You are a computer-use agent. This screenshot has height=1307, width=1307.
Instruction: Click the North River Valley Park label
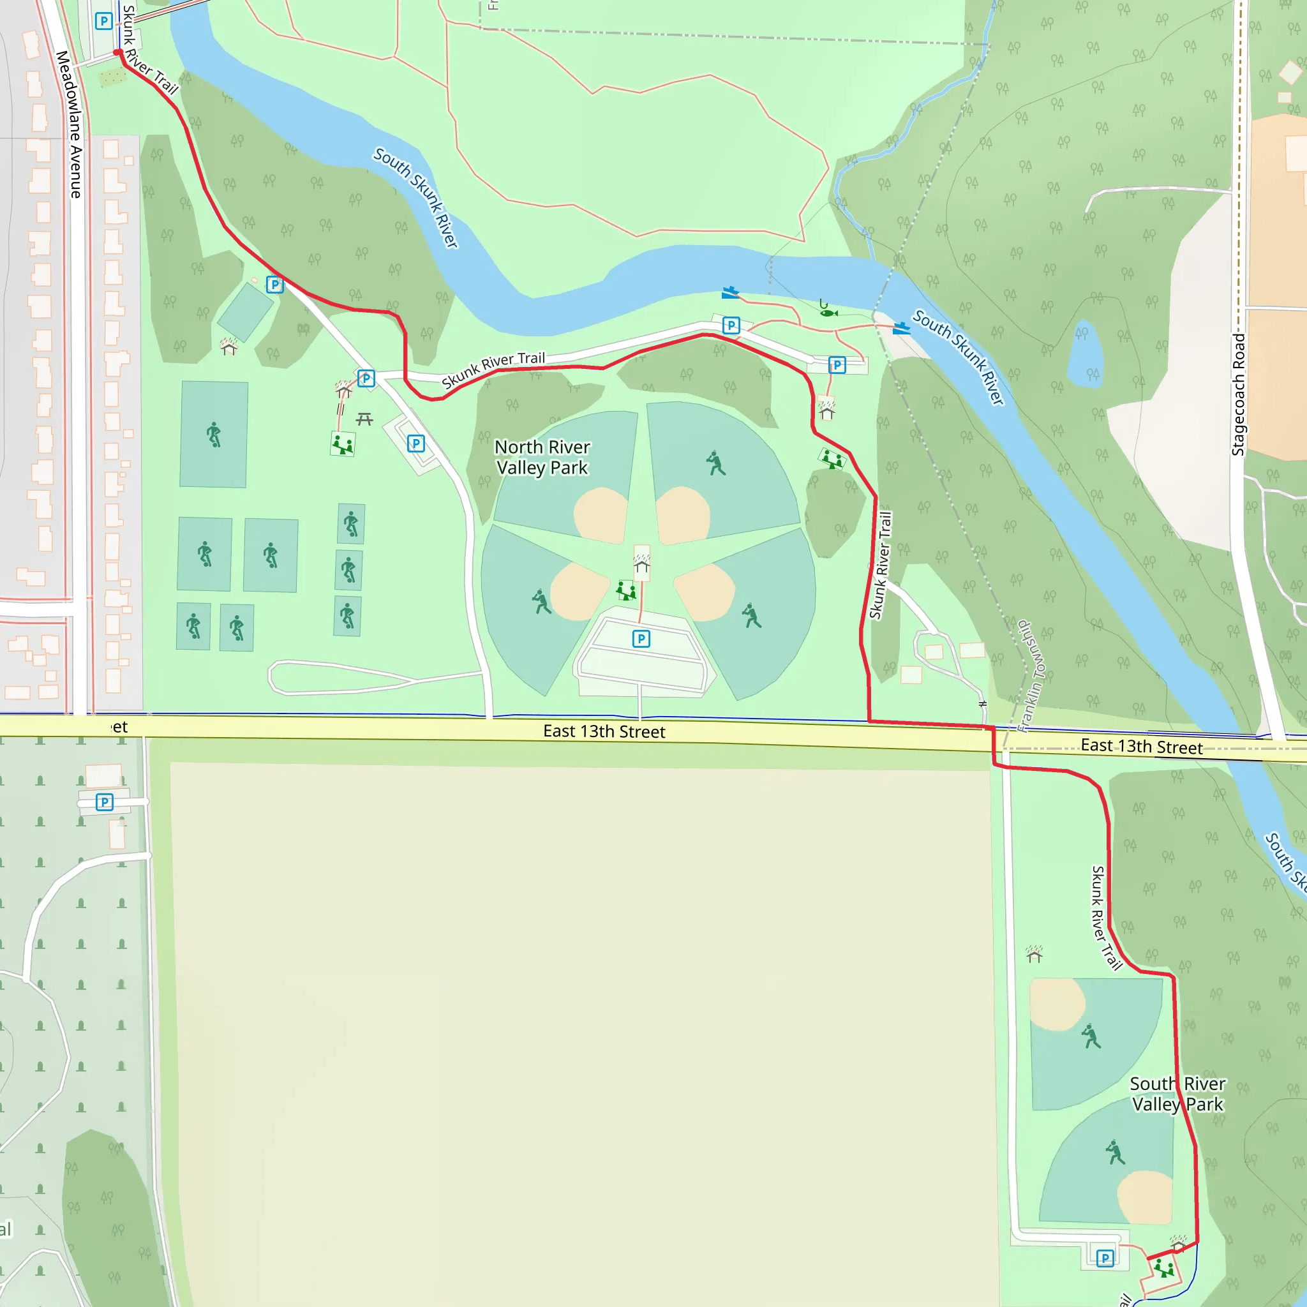point(542,458)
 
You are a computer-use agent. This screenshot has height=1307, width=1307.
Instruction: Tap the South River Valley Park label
point(1177,1094)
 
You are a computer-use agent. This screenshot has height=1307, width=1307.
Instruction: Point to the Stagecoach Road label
point(1238,394)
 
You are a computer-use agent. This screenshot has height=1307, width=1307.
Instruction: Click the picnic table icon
point(364,419)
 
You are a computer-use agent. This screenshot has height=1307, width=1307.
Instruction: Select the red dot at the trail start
point(117,52)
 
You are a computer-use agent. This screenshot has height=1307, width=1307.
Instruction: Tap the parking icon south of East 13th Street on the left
point(104,802)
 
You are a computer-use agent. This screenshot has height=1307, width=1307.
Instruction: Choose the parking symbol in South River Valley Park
point(1105,1258)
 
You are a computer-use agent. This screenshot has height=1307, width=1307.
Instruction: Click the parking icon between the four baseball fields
point(641,639)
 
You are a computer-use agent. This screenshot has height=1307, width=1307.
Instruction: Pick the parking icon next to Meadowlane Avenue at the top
point(103,22)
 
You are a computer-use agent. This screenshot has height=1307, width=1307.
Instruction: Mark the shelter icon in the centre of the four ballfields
point(642,565)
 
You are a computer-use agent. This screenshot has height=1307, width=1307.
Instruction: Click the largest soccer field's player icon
point(214,435)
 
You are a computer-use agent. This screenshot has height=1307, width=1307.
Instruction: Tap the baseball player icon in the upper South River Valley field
point(1091,1036)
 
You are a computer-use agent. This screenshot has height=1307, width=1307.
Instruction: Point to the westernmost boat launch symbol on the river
point(730,293)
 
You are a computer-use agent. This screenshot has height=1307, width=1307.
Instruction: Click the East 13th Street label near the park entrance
point(604,731)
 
